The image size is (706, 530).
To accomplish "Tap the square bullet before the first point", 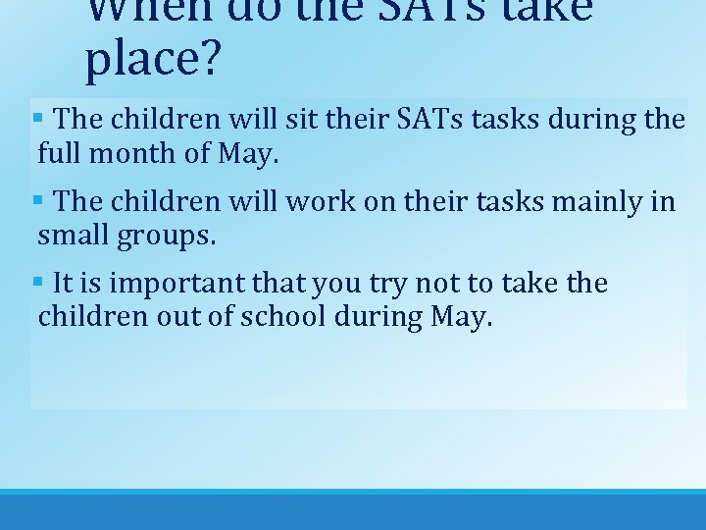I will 37,118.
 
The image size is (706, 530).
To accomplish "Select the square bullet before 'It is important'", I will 37,283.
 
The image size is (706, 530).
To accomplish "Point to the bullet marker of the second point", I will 37,200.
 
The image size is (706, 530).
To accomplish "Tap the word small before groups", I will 75,237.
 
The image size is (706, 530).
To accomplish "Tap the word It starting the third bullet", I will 63,284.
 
